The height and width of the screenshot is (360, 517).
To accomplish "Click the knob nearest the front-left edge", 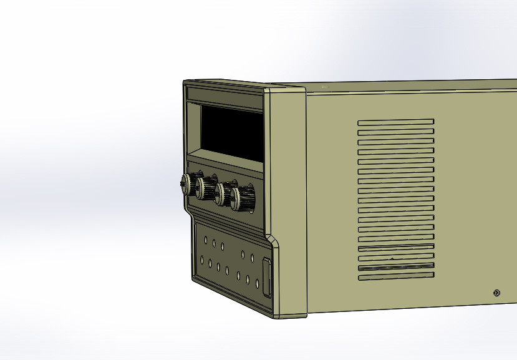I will pyautogui.click(x=186, y=183).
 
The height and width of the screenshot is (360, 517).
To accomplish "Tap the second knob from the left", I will pyautogui.click(x=204, y=188).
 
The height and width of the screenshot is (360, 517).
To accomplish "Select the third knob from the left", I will pyautogui.click(x=222, y=194).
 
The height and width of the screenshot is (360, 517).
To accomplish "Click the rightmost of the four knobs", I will pyautogui.click(x=242, y=199).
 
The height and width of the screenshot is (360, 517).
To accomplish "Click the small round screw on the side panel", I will pyautogui.click(x=496, y=293).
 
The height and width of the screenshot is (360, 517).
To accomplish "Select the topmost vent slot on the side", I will pyautogui.click(x=395, y=122).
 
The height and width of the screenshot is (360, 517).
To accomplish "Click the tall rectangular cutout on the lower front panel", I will pyautogui.click(x=266, y=277).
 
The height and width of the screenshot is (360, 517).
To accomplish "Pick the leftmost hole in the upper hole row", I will pyautogui.click(x=205, y=240).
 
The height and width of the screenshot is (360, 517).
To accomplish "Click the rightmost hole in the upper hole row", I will pyautogui.click(x=253, y=257).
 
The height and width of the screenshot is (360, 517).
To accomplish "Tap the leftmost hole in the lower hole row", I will pyautogui.click(x=201, y=260).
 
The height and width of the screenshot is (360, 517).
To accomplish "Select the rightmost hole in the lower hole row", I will pyautogui.click(x=257, y=283).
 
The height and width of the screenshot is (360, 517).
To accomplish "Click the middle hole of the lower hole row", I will pyautogui.click(x=228, y=271).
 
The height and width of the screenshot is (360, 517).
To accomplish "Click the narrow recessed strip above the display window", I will pyautogui.click(x=225, y=99).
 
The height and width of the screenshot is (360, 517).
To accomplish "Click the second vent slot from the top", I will pyautogui.click(x=395, y=132).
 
